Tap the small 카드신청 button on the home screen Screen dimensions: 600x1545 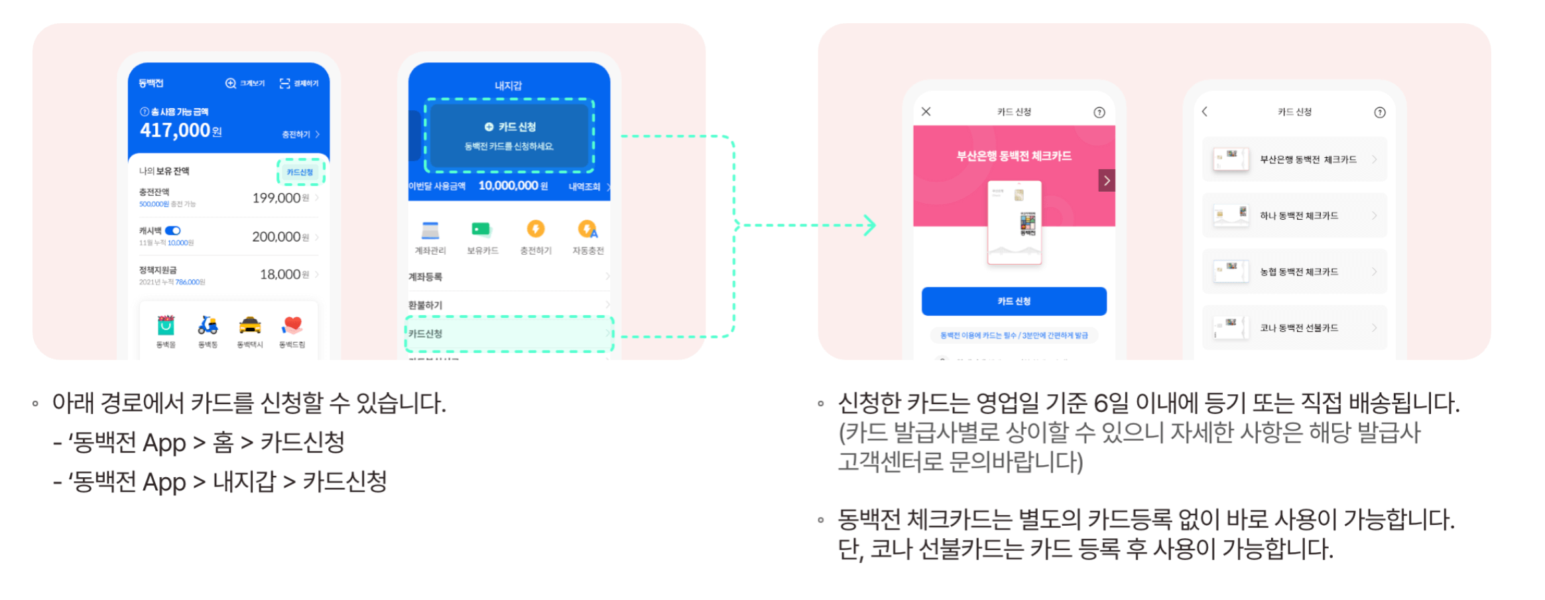(300, 173)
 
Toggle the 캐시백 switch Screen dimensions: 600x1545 (173, 231)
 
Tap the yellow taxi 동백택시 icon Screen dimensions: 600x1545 (250, 325)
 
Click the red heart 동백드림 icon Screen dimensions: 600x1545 (292, 325)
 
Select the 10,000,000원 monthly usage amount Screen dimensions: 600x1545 (513, 186)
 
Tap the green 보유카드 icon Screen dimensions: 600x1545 (482, 230)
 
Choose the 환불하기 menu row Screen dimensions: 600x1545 (507, 305)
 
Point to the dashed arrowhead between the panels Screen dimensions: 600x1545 (870, 225)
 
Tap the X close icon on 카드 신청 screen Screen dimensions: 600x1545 (926, 112)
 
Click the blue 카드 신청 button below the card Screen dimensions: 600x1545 (1014, 301)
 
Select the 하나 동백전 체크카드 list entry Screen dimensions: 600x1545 (1294, 216)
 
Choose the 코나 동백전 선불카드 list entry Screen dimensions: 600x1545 (1294, 328)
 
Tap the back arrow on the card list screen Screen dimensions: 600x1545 (1205, 112)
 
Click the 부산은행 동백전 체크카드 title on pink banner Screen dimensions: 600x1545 (1014, 156)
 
